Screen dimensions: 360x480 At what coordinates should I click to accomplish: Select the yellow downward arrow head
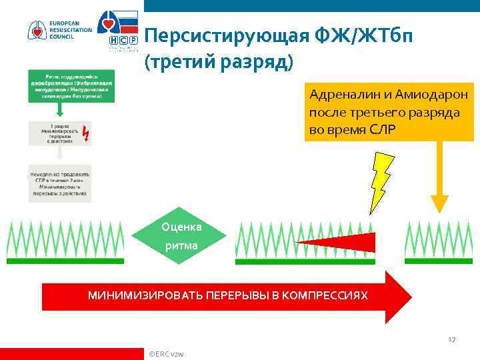[x=439, y=203]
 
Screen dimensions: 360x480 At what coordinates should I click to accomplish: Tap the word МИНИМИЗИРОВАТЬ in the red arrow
[x=144, y=295]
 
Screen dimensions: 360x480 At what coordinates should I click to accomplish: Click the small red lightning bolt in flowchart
[x=85, y=135]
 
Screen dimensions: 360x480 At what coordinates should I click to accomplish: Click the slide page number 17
[x=451, y=339]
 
